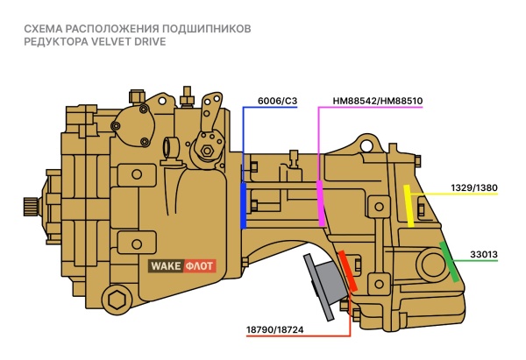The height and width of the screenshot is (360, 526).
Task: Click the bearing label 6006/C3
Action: tap(278, 101)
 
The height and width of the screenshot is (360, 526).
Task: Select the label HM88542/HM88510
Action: tap(378, 101)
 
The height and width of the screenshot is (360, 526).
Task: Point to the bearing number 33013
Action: tap(483, 255)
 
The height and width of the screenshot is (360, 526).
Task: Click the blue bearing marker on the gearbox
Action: tap(243, 205)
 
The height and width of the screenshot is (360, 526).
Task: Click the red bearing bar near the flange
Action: tap(348, 272)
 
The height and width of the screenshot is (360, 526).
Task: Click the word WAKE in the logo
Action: tap(166, 265)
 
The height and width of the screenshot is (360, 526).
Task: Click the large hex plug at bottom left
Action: tap(115, 302)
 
